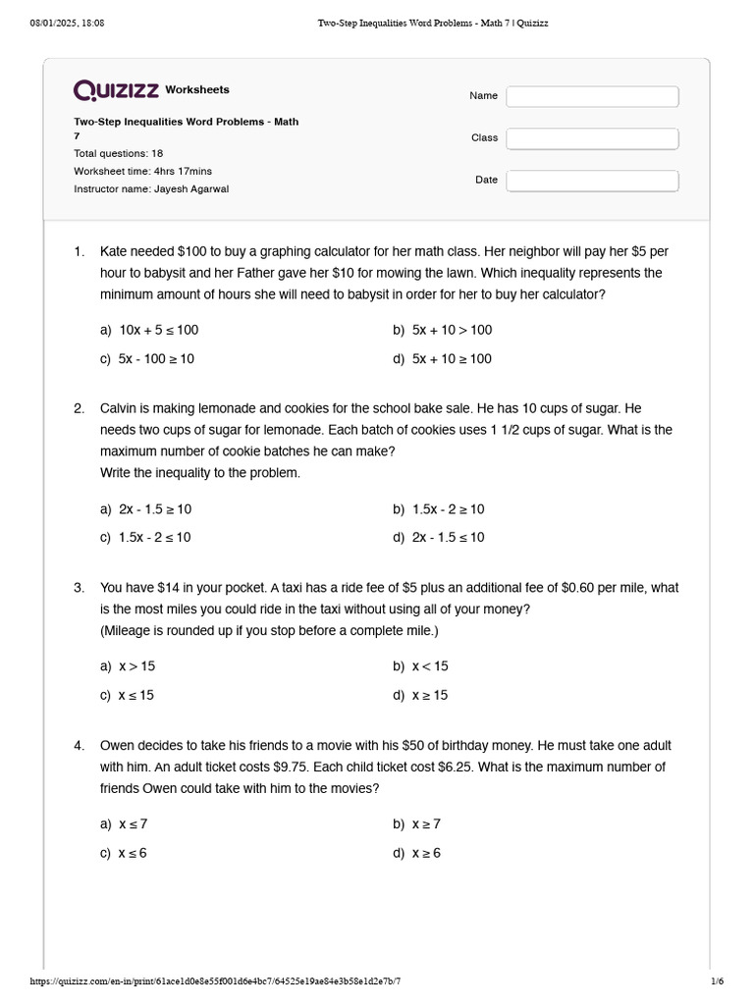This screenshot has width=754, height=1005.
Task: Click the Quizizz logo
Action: point(116,90)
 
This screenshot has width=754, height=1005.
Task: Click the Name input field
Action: point(592,96)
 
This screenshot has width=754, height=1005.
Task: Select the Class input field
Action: point(592,138)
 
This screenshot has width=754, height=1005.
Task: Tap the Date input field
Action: point(592,181)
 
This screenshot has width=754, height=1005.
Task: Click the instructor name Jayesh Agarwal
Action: point(191,188)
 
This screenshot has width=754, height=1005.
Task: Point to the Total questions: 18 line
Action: point(119,154)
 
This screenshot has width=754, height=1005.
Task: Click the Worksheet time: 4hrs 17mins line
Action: point(142,171)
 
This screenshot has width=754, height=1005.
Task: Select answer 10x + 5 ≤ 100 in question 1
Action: point(158,330)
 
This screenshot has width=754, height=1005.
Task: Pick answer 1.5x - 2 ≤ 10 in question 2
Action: point(154,537)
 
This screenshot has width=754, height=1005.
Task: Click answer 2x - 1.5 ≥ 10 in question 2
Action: point(154,509)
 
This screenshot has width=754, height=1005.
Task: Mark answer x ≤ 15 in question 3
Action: point(136,695)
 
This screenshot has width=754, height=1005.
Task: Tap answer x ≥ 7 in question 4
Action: point(426,823)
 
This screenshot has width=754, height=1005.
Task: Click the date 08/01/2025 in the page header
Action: point(54,23)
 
